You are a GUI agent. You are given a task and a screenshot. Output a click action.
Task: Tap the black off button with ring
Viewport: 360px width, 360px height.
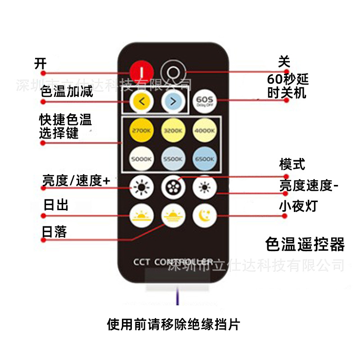click(172, 72)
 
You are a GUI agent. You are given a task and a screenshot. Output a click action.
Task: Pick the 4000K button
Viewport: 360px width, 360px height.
click(205, 130)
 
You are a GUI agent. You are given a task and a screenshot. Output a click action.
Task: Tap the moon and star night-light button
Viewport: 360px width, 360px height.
click(205, 216)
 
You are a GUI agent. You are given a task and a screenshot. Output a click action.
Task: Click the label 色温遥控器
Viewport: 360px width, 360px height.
click(305, 244)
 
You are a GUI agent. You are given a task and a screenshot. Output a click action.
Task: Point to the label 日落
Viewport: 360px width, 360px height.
click(54, 231)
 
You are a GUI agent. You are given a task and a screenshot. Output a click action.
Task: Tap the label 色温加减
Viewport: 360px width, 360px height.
click(67, 92)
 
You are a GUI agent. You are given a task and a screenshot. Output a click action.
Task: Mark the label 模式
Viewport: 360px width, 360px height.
click(292, 165)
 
